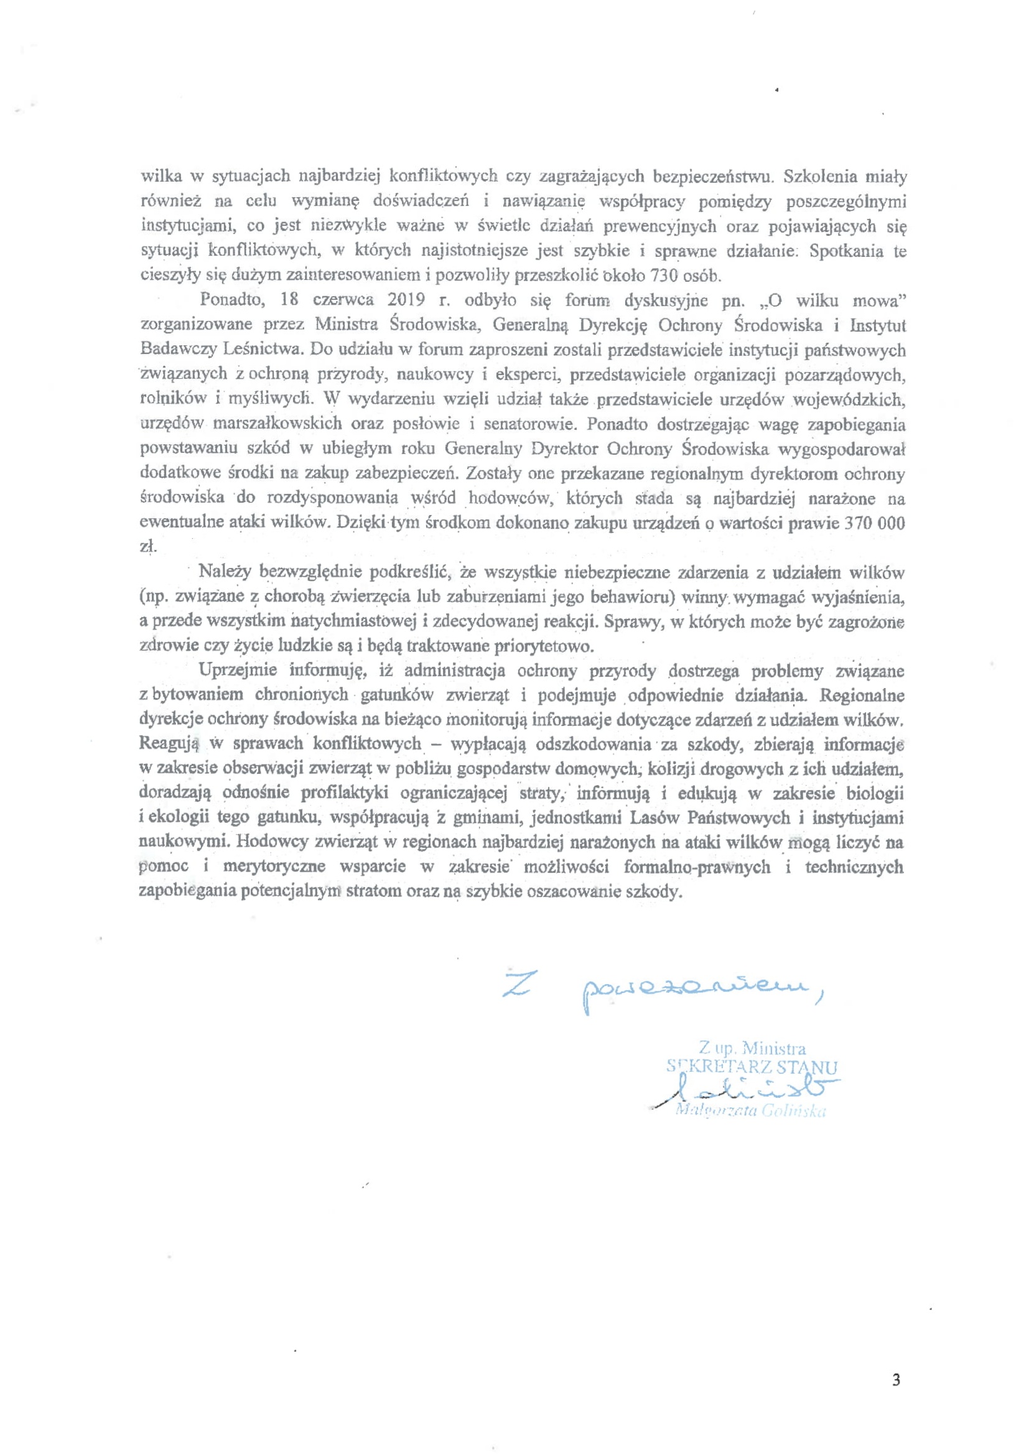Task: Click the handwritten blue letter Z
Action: pyautogui.click(x=516, y=984)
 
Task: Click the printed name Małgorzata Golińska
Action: pyautogui.click(x=751, y=1111)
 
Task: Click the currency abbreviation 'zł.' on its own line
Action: pyautogui.click(x=147, y=547)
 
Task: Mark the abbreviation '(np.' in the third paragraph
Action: pyautogui.click(x=152, y=597)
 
